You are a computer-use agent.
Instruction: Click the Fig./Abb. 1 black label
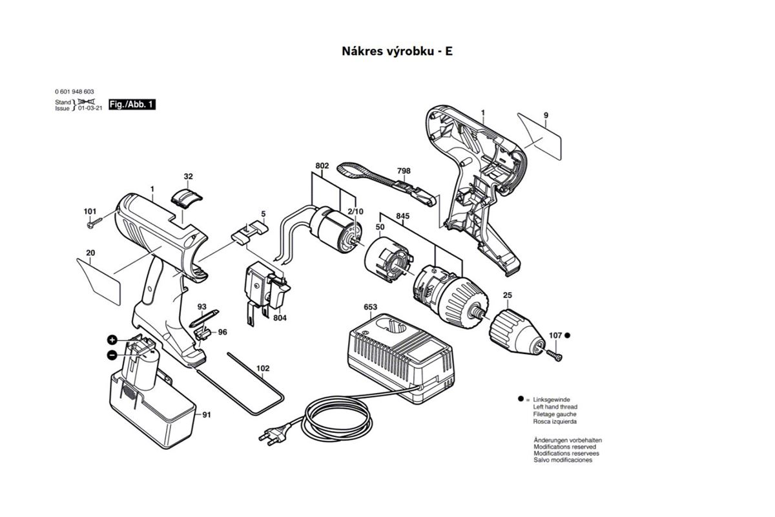132,104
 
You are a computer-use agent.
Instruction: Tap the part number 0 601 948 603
74,91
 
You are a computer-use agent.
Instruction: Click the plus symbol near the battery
112,340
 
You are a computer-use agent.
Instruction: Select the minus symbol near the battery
112,355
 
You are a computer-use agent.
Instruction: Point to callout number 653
370,307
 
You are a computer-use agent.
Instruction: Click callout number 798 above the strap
404,171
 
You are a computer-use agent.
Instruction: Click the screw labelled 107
554,355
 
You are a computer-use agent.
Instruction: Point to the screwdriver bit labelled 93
204,318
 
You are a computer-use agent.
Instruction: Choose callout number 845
403,216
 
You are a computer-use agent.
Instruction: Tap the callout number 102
263,368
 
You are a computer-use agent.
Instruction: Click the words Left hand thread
555,407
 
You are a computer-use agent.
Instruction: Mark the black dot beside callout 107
568,335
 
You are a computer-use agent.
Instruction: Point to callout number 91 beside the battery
207,415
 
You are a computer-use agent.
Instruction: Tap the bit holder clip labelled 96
202,334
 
